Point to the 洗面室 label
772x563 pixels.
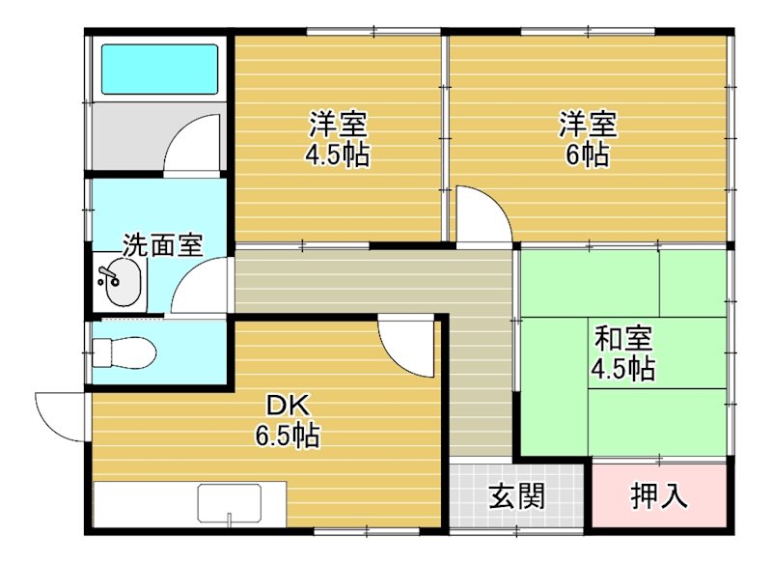tap(162, 244)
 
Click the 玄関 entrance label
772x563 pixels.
tap(516, 496)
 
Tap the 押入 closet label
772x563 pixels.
tap(659, 496)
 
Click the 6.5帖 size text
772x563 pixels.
tap(288, 436)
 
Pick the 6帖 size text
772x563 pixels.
tap(587, 154)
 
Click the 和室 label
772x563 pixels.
tap(622, 339)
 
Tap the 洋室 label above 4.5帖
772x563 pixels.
tap(338, 125)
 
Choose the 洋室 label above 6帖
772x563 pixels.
tap(588, 125)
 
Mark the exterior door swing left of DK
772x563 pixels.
tap(59, 415)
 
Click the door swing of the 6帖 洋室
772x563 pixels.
tap(483, 216)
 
